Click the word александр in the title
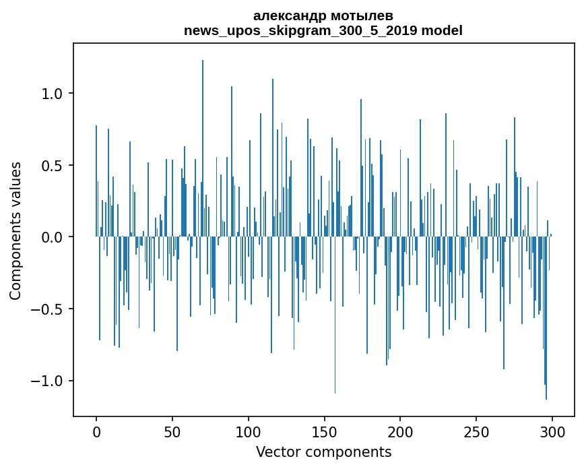(288, 15)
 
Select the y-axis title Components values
(15, 230)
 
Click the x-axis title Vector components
(323, 452)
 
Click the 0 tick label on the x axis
(96, 432)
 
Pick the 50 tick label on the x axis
(172, 432)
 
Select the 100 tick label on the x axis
(249, 432)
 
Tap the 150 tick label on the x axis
(325, 432)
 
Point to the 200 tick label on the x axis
(401, 432)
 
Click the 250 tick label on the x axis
(476, 432)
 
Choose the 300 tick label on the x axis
(552, 432)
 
